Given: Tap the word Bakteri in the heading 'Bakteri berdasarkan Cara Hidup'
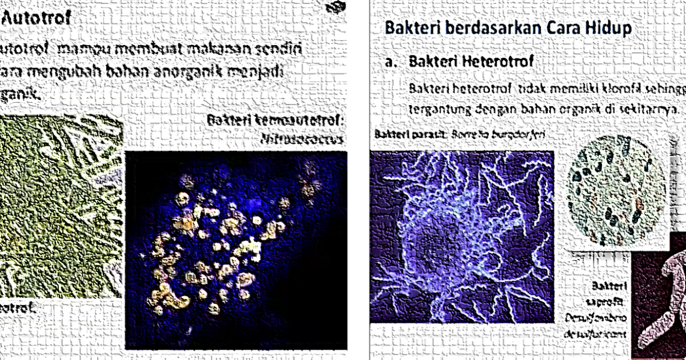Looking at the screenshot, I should click(x=412, y=27).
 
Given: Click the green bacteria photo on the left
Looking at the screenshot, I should click(x=60, y=206).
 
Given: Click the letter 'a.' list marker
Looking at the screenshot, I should click(x=391, y=62).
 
